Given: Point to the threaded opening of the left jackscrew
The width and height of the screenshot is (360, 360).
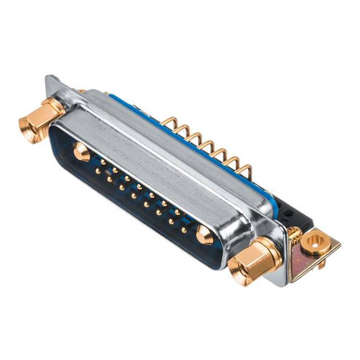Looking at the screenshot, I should point(28,128).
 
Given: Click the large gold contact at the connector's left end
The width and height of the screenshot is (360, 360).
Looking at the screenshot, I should point(81,151).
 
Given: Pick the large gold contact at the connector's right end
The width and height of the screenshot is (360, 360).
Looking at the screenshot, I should point(205,236).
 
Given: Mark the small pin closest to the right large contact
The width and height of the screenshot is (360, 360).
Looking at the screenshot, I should point(184,229).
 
